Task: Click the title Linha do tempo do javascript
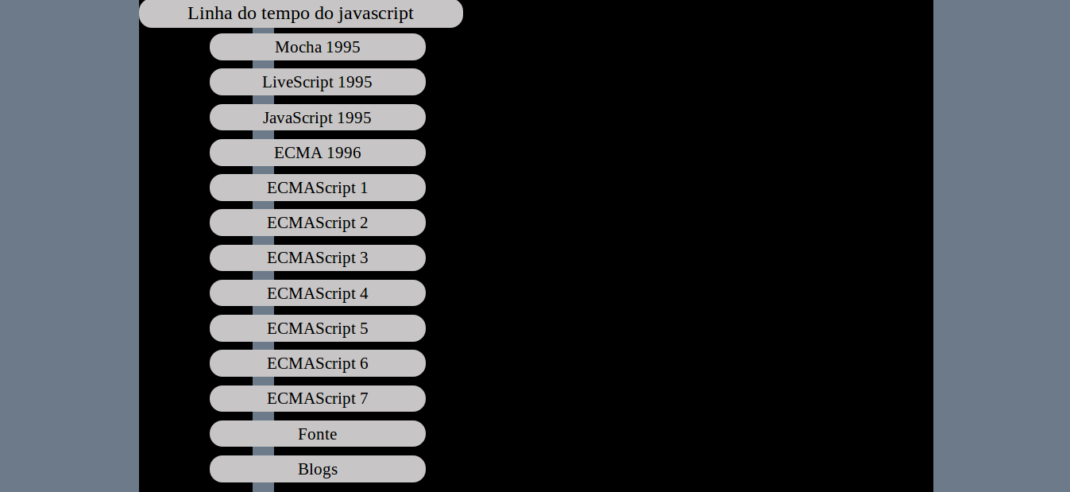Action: point(301,14)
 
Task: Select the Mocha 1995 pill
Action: point(318,47)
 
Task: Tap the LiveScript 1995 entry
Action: point(318,82)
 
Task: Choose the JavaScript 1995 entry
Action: point(318,118)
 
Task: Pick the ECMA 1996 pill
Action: point(318,153)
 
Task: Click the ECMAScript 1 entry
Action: point(318,188)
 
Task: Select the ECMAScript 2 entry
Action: point(318,223)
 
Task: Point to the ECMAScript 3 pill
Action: point(318,258)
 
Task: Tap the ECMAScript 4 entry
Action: point(318,293)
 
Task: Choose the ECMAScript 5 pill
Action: point(318,328)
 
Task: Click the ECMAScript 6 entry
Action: point(318,363)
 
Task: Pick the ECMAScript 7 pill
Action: point(318,398)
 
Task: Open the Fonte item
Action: point(318,434)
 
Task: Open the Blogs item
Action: point(318,469)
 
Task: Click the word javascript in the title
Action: point(376,14)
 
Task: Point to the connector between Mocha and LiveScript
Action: point(263,64)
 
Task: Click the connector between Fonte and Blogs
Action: point(263,451)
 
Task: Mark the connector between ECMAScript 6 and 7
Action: point(263,381)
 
